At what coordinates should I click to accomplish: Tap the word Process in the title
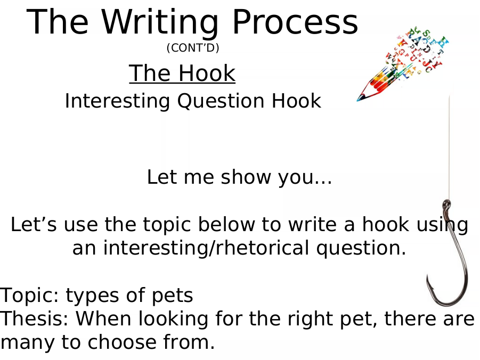tap(295, 22)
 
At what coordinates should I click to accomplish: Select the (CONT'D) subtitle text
tap(193, 48)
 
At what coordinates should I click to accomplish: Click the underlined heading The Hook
tap(182, 73)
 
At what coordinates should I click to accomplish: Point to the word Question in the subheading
tap(221, 101)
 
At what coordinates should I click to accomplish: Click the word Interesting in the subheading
tap(117, 102)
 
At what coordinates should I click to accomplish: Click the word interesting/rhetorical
tap(206, 248)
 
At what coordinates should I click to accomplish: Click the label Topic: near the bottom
tap(29, 295)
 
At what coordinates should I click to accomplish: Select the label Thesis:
tap(34, 318)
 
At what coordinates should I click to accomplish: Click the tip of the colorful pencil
tap(358, 100)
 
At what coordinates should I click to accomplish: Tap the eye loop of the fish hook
tap(446, 204)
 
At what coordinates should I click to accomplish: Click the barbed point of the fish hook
tap(428, 277)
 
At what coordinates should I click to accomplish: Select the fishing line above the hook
tap(449, 147)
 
